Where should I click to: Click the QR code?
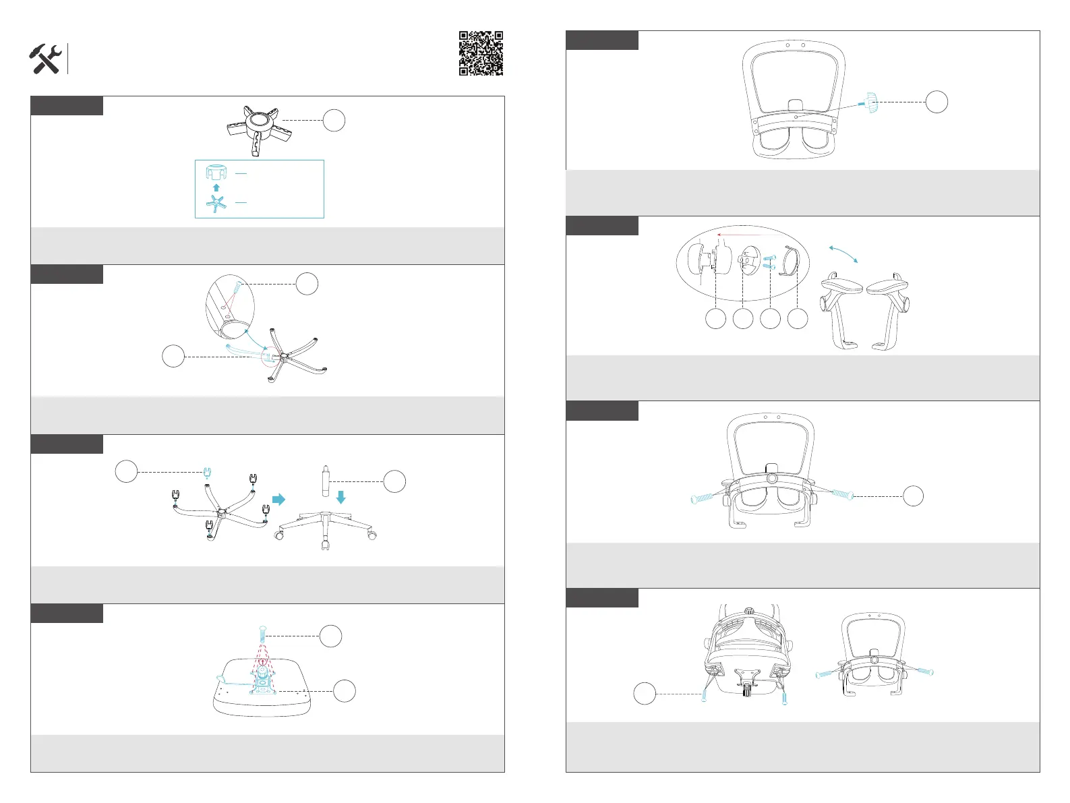481,53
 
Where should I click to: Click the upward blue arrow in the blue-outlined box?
216,187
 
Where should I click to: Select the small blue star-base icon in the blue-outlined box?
216,203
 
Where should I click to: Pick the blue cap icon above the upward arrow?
216,173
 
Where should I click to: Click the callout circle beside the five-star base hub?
334,120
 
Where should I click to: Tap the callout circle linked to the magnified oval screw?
307,284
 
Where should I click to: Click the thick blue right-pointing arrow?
278,499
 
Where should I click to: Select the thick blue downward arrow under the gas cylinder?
341,497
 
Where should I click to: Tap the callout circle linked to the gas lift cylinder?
394,481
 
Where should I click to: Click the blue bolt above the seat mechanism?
262,633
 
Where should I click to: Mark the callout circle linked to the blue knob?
937,102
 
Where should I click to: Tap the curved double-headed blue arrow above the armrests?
843,254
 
